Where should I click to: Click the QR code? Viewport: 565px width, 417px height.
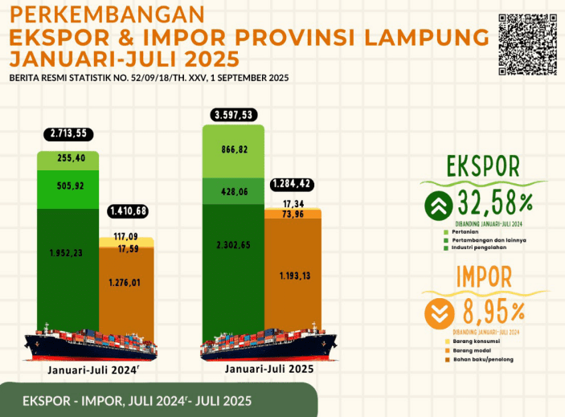pyautogui.click(x=528, y=44)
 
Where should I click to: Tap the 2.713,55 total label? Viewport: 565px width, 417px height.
pyautogui.click(x=68, y=134)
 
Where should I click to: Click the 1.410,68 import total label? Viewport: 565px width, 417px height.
pyautogui.click(x=131, y=212)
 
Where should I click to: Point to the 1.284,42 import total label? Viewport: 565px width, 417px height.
pyautogui.click(x=296, y=183)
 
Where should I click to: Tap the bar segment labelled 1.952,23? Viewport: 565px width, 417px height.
pyautogui.click(x=68, y=251)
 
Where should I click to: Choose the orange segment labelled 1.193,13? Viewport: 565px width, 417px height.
pyautogui.click(x=294, y=277)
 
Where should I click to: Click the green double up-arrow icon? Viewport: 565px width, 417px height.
pyautogui.click(x=439, y=206)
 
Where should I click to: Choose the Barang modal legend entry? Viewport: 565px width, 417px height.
pyautogui.click(x=470, y=350)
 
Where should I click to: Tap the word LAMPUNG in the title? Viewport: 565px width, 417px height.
pyautogui.click(x=425, y=38)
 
